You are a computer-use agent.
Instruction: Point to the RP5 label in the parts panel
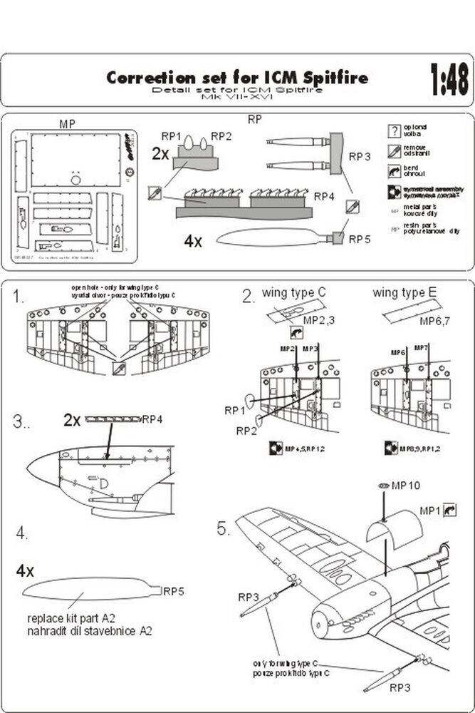pos(359,240)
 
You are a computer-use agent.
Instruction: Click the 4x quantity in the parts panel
pos(193,242)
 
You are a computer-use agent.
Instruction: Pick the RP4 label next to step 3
pos(153,419)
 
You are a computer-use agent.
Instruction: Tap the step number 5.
pos(223,529)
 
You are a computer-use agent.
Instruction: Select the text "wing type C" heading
pos(293,293)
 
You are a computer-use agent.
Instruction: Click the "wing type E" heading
pos(404,293)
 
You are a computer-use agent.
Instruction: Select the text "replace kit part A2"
pos(75,618)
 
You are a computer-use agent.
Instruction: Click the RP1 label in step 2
pos(234,410)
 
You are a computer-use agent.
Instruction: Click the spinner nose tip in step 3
pos(30,470)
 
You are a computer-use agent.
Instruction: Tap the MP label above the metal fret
pos(68,123)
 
